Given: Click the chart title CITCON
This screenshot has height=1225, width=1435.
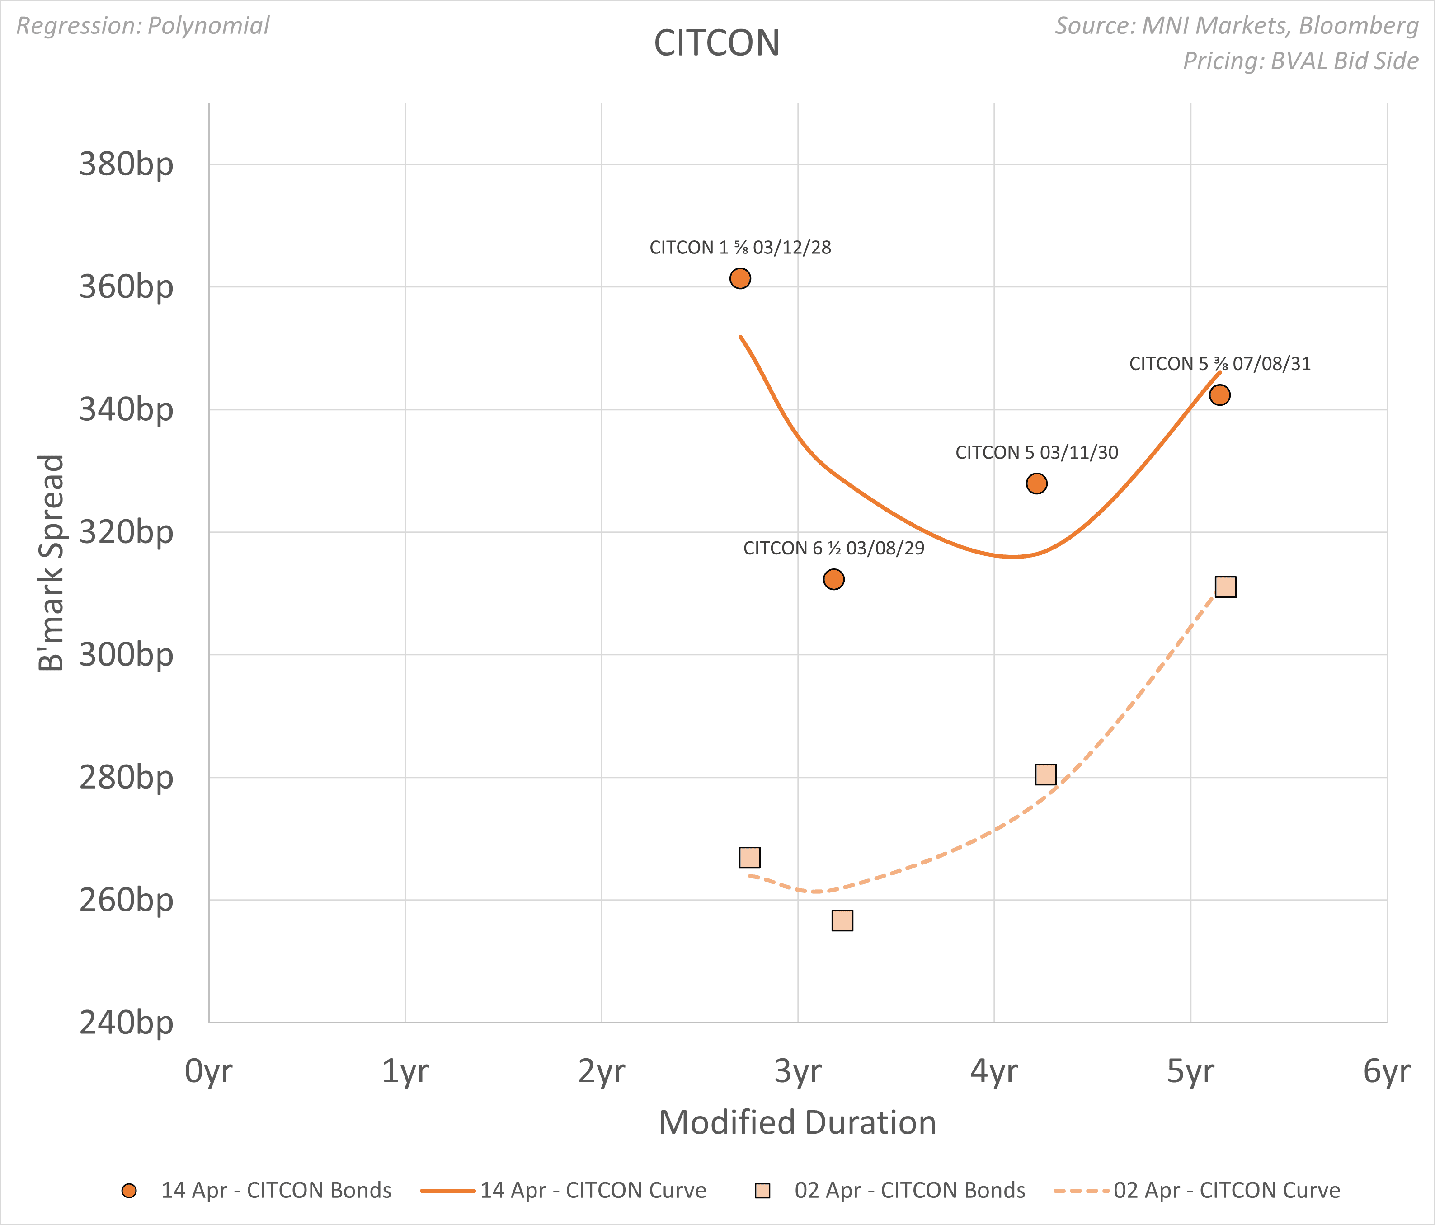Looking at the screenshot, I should tap(717, 43).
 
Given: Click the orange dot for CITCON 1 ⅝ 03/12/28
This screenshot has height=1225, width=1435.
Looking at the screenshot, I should tap(740, 278).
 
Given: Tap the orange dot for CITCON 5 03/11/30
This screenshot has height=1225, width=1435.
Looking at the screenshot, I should tap(1036, 483).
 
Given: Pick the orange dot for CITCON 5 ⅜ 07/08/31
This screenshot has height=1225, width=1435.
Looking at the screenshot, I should tap(1219, 395).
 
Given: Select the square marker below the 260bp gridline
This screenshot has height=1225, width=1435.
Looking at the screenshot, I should tap(842, 920).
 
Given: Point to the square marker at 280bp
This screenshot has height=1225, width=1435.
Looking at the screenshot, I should tap(1045, 774).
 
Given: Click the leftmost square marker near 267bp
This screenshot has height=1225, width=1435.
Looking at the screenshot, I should tap(749, 857).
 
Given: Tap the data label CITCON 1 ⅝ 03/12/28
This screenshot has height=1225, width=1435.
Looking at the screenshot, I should tap(740, 247).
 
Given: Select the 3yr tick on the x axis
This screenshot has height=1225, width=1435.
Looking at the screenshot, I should tap(797, 1071).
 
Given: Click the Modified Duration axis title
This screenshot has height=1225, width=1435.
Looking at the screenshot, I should tap(797, 1122).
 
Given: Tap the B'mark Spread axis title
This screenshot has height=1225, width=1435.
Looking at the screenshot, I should tap(51, 562).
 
